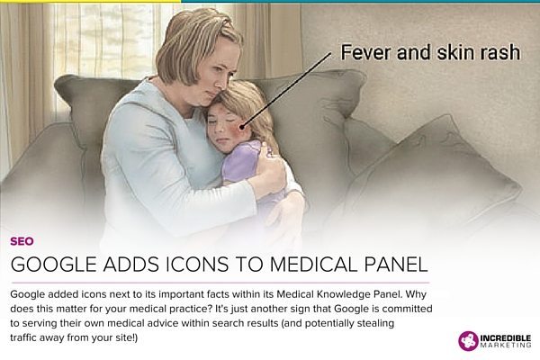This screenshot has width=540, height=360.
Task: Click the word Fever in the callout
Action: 365,53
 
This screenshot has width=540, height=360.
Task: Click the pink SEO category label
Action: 22,241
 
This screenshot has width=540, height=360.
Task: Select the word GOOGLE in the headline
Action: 53,265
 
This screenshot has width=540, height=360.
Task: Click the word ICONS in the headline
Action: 197,265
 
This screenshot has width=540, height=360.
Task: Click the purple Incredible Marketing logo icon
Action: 468,341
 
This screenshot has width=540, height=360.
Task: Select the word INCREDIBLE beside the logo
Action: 506,338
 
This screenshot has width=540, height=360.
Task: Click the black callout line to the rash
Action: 286,91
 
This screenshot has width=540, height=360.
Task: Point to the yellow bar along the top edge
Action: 90,1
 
